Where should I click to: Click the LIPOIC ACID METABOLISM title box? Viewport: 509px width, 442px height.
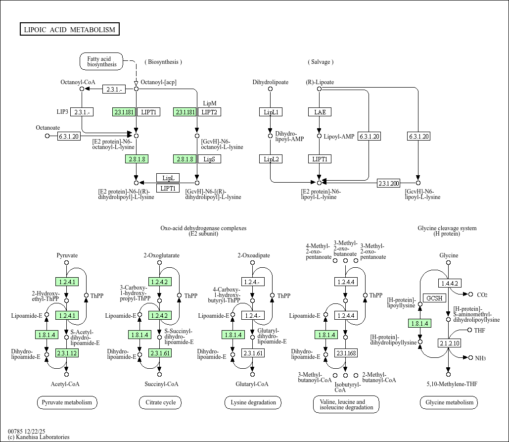69,30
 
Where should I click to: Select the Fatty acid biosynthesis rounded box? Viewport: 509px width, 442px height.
102,62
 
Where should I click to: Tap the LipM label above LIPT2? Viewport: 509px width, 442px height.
210,103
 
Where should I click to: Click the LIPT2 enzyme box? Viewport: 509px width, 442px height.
210,112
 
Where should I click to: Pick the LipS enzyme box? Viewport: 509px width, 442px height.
210,159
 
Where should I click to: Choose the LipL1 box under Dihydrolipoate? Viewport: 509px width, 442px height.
271,112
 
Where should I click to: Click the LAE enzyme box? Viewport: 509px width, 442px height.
320,112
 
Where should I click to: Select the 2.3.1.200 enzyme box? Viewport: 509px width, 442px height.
388,183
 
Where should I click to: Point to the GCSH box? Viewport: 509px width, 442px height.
435,298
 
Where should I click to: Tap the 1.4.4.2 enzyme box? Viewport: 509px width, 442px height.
450,284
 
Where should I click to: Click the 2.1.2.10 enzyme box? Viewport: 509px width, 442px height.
450,343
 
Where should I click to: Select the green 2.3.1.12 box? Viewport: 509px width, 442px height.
67,353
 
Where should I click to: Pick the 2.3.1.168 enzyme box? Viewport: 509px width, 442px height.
346,353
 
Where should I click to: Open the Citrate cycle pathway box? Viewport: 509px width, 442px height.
160,402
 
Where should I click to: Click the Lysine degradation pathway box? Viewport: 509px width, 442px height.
253,402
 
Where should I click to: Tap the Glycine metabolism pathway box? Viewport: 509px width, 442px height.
449,402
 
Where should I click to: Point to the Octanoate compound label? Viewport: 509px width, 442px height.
48,128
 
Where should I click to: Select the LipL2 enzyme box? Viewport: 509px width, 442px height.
271,159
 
